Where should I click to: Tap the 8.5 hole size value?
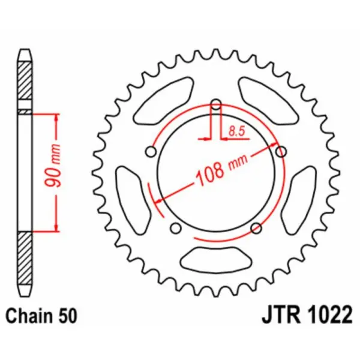(236, 128)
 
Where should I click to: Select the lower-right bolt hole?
(256, 227)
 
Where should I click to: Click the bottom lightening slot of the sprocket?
(216, 259)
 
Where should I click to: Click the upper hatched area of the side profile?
(23, 81)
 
